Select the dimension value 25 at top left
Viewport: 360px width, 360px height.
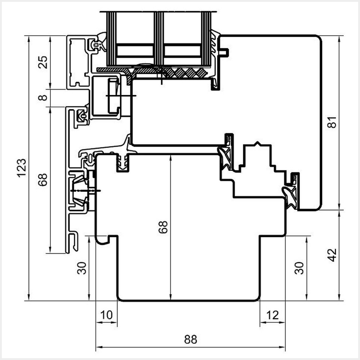point(43,62)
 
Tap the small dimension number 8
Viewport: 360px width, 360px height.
point(43,98)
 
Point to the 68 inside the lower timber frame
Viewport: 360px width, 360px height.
point(163,227)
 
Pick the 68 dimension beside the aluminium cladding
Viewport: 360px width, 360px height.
point(43,180)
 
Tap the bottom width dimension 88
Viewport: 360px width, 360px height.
point(190,339)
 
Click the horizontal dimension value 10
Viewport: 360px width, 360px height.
point(107,315)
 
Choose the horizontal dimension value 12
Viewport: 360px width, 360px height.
point(273,315)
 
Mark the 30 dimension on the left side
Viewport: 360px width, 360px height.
point(82,268)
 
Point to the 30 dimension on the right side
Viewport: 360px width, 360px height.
point(299,268)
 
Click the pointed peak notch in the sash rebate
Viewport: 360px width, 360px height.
point(257,144)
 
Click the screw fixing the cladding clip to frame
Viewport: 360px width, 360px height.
point(86,190)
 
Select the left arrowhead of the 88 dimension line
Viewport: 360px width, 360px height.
point(98,348)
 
